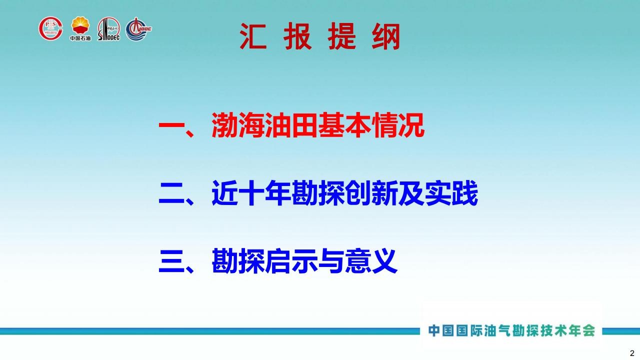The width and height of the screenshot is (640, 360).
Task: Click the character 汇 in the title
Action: point(253,36)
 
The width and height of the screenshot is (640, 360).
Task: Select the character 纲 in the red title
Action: point(385,36)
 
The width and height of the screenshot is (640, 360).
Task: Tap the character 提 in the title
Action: point(341,36)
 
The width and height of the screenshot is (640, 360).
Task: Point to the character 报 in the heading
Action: point(297,36)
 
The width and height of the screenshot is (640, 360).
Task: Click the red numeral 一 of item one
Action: point(171,125)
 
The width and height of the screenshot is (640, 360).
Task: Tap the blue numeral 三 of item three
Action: point(171,261)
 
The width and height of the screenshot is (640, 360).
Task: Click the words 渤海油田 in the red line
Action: point(264,125)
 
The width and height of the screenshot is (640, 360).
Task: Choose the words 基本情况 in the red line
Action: point(371,125)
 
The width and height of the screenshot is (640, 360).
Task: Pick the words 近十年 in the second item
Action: point(251,193)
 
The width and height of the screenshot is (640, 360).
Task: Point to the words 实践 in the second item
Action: point(451,193)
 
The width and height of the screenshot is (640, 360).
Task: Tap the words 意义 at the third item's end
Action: point(371,261)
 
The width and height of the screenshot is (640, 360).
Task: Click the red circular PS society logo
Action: point(50,28)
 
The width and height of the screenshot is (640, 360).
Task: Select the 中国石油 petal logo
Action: point(80,28)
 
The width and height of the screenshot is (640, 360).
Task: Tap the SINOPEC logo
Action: point(109,29)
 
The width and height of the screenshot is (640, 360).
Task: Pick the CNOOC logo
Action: point(138,29)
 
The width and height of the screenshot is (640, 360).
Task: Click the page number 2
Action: point(632,353)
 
